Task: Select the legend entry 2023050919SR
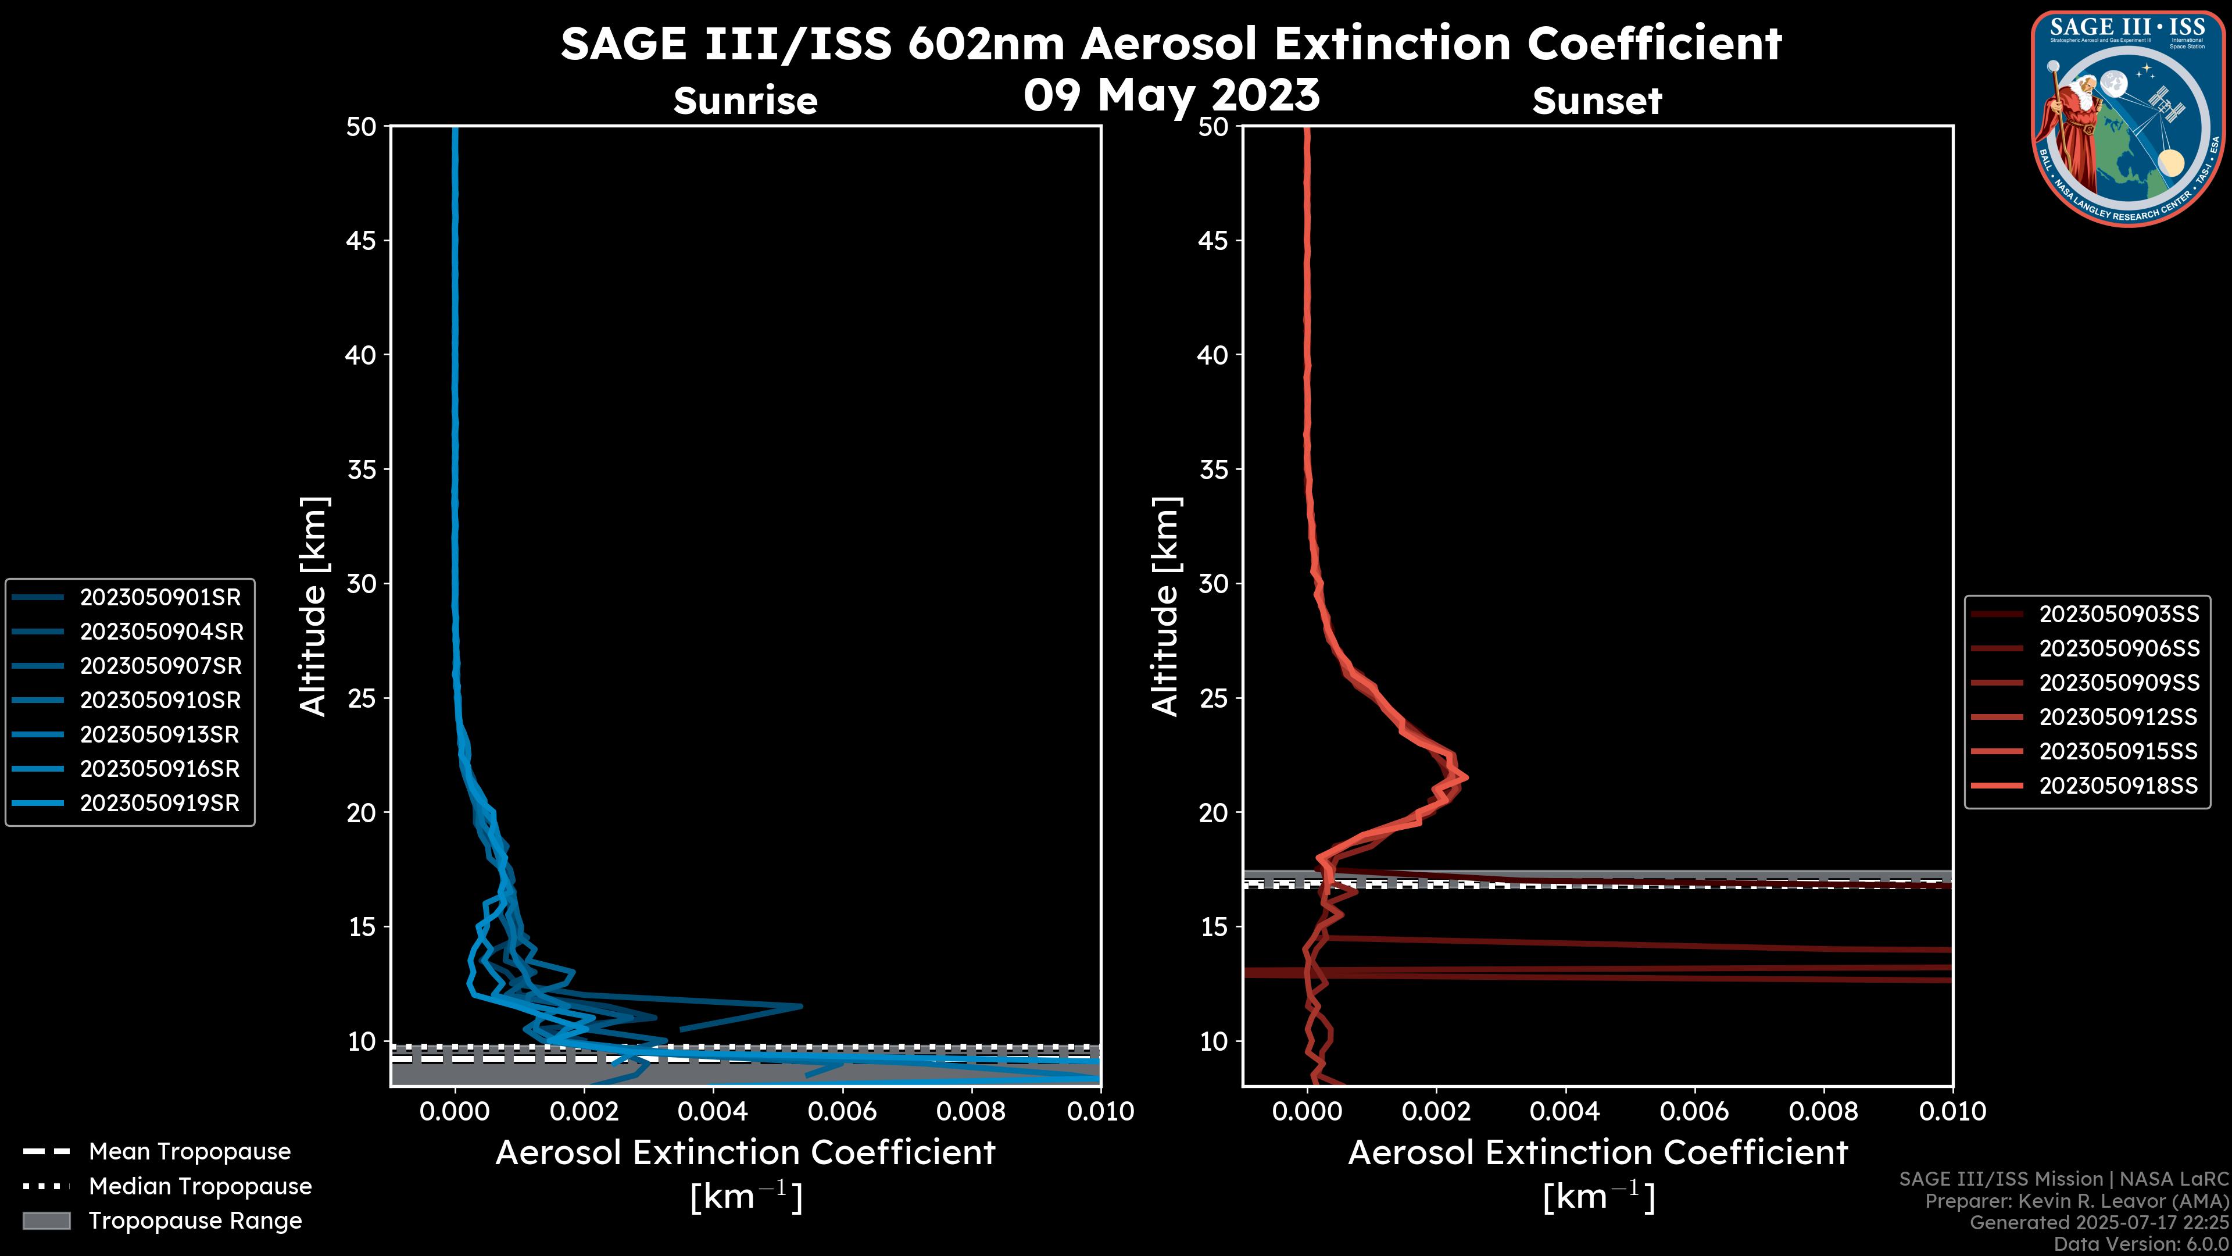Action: click(159, 804)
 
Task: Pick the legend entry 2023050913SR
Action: click(159, 735)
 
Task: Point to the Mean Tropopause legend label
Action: click(189, 1152)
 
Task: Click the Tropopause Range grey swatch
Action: click(46, 1221)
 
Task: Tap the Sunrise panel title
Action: click(745, 101)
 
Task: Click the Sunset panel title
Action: click(1597, 101)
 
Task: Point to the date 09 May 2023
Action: click(1171, 95)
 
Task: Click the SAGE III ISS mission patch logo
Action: click(2130, 118)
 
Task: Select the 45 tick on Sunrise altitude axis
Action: click(362, 241)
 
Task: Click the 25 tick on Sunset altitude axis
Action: click(1214, 698)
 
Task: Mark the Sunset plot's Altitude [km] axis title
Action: click(1165, 606)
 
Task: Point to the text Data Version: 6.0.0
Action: click(2142, 1244)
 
